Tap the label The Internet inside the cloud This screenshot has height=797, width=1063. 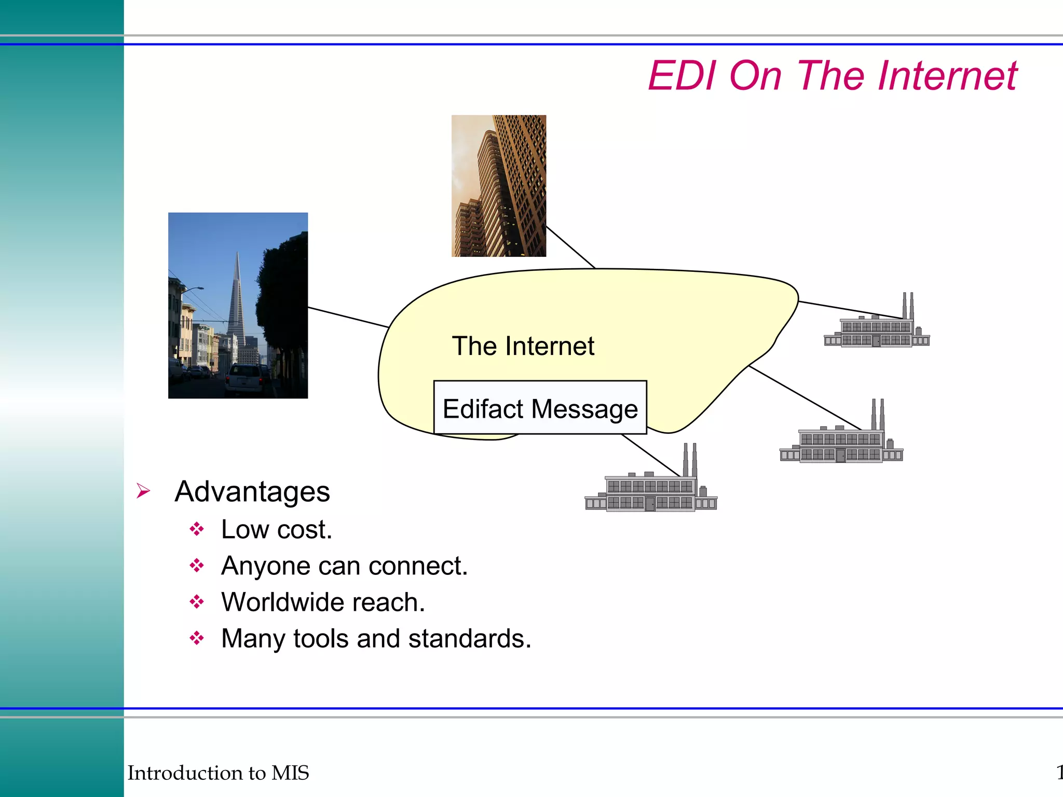click(x=523, y=346)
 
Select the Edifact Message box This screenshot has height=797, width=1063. click(x=540, y=408)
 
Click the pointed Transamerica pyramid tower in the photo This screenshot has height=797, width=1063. click(x=237, y=301)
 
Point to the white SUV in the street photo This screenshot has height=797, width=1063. click(x=245, y=379)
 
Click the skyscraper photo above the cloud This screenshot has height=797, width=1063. click(x=498, y=186)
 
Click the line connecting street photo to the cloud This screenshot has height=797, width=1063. click(x=348, y=317)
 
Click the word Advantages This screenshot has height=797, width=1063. click(x=252, y=491)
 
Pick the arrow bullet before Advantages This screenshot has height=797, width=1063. click(x=143, y=490)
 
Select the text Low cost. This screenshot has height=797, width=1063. click(x=276, y=530)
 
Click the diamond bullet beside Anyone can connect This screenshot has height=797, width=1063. click(x=197, y=566)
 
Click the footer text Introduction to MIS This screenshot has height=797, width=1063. click(x=218, y=773)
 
